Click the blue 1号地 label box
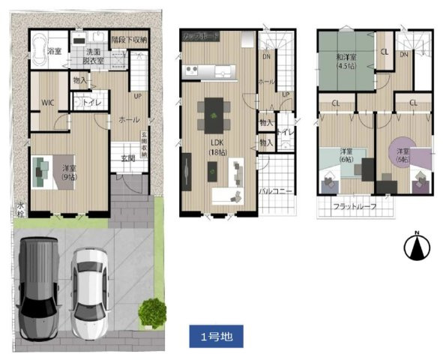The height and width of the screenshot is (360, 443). coord(217,335)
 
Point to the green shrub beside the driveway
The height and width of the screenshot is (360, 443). coord(154,310)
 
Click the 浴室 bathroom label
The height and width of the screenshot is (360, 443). coord(54,51)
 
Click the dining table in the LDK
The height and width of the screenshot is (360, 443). coord(215,116)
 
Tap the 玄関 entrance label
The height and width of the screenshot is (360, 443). coord(128,158)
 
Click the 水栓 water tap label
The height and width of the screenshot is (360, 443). coord(20,205)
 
